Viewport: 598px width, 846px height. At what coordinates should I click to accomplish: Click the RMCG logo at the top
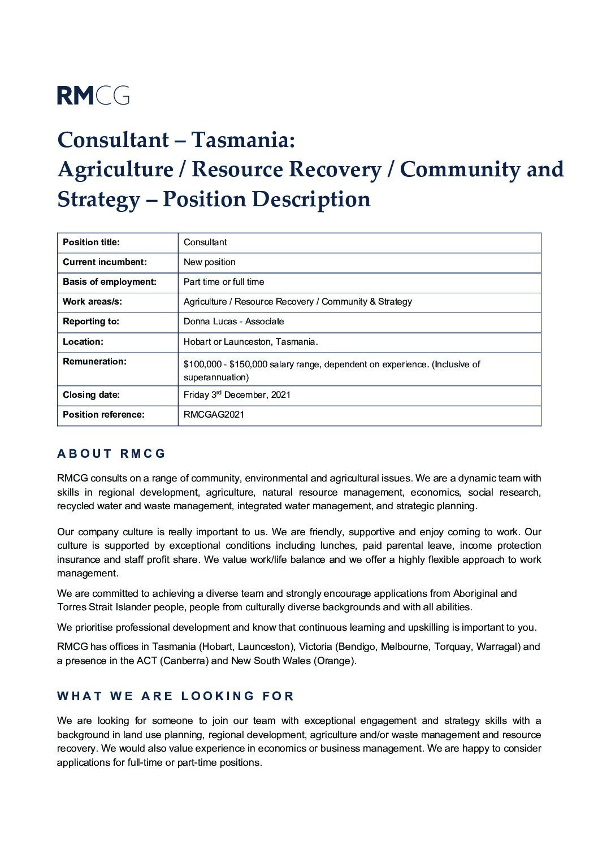point(93,95)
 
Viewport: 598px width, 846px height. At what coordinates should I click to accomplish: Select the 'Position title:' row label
point(91,242)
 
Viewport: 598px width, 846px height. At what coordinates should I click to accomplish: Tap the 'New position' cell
point(209,262)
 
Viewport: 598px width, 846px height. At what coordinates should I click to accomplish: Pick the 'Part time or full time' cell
point(224,282)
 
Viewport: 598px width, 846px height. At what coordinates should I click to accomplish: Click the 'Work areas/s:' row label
point(92,302)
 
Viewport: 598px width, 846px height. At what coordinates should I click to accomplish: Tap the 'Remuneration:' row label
point(94,362)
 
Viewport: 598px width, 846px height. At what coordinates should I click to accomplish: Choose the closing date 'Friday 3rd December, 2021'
point(237,395)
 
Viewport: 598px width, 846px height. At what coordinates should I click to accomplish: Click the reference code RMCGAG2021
point(214,415)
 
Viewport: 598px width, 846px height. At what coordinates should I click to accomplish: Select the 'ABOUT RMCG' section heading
point(111,454)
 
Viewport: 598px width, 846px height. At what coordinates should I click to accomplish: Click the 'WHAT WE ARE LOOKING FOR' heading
point(176,696)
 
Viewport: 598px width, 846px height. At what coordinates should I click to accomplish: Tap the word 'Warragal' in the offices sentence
point(498,647)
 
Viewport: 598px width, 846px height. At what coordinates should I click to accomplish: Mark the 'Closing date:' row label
point(91,395)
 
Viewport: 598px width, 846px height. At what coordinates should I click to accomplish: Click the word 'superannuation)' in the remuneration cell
point(216,378)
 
